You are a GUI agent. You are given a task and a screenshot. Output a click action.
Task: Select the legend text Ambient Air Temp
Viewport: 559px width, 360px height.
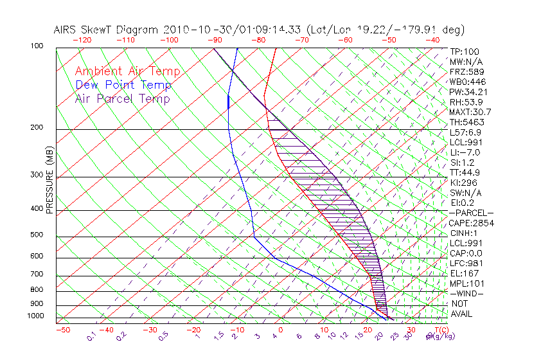127,71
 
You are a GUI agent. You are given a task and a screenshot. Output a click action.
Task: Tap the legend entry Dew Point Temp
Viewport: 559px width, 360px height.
123,85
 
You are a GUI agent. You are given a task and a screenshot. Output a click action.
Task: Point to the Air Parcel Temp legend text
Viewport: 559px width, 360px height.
122,98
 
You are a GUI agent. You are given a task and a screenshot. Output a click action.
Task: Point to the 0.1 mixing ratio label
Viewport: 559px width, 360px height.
91,336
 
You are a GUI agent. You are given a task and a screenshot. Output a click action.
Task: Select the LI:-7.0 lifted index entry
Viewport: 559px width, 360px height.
465,152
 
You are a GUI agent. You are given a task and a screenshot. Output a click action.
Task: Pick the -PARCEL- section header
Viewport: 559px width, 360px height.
472,213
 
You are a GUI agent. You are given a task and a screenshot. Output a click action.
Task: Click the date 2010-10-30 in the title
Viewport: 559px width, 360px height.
193,30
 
